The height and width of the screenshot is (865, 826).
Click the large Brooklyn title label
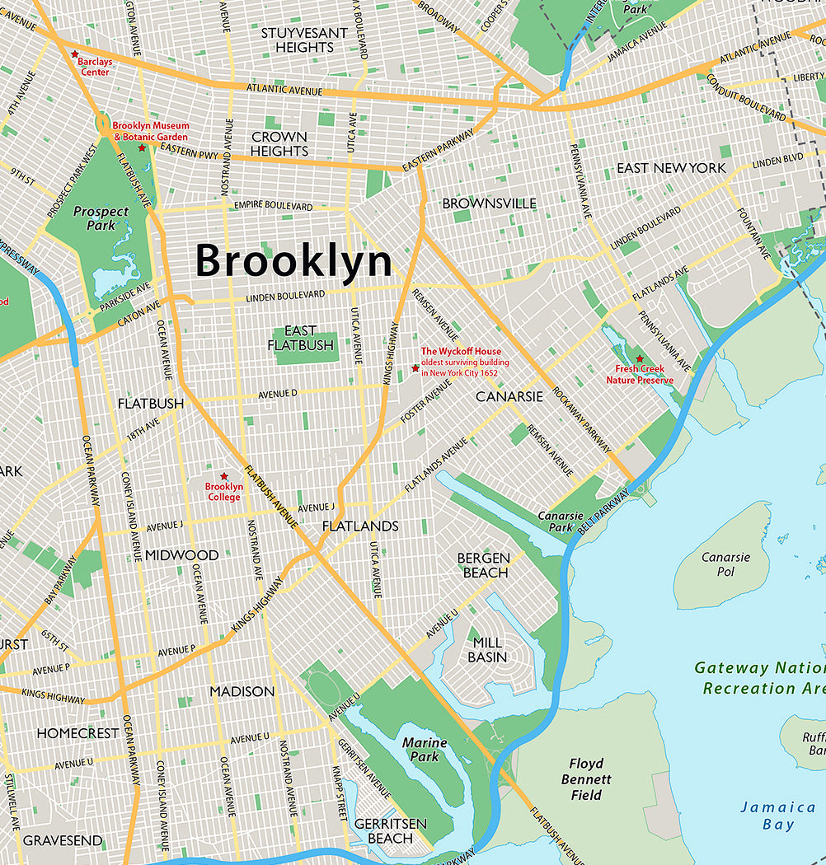coord(293,262)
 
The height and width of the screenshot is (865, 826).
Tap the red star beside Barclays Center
coord(74,54)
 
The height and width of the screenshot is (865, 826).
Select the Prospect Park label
coord(101,218)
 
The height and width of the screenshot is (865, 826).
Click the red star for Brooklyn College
coord(223,476)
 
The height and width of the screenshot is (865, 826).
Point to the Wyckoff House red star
coord(415,367)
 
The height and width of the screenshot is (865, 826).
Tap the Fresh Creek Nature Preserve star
coord(639,358)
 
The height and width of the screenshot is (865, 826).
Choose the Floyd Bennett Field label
coord(586,779)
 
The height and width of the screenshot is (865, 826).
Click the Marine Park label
coord(425,750)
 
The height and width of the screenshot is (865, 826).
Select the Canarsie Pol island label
coord(725,564)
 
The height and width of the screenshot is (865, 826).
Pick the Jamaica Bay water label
coord(767,816)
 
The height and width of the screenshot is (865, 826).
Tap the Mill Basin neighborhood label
coord(487,650)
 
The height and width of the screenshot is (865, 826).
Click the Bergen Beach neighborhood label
coord(485,565)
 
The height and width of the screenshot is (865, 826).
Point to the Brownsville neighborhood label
coord(489,203)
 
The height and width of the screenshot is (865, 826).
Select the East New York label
coord(671,168)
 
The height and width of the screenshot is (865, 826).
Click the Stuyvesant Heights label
coord(304,40)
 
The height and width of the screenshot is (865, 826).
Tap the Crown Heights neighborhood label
coord(279,144)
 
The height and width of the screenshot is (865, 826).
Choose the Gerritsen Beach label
coord(390,831)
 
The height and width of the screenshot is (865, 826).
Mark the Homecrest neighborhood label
coord(77,733)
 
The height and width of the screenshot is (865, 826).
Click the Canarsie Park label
coord(555,521)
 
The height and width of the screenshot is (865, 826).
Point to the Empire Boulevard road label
coord(273,205)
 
